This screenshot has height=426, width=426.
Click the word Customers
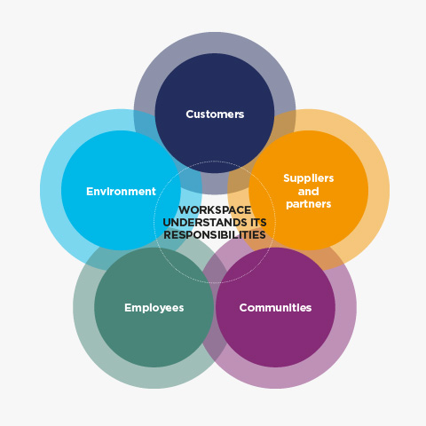click(x=215, y=114)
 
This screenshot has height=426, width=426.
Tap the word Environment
click(x=121, y=192)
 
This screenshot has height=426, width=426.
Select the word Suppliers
click(x=309, y=178)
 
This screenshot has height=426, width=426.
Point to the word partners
click(x=309, y=204)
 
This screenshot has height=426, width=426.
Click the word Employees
click(x=154, y=308)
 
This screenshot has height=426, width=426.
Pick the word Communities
click(x=275, y=308)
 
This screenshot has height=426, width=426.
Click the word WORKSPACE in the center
click(x=215, y=210)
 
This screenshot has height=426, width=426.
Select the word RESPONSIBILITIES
click(x=215, y=235)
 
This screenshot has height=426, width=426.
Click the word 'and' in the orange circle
click(x=309, y=192)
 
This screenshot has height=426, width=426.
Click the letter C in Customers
click(x=190, y=114)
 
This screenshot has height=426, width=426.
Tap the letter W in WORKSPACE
click(x=185, y=210)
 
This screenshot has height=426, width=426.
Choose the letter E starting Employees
click(x=128, y=307)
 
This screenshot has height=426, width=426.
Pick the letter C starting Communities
click(x=243, y=308)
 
